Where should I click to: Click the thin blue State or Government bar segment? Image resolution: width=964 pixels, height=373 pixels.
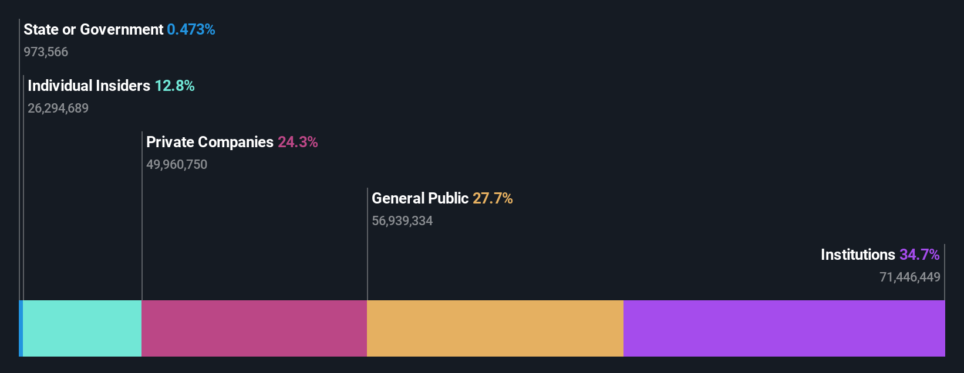click(x=21, y=328)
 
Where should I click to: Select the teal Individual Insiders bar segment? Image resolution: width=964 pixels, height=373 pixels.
click(x=82, y=328)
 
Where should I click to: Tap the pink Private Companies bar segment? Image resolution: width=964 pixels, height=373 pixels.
click(x=254, y=328)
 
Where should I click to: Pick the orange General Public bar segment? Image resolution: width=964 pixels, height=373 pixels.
click(x=495, y=328)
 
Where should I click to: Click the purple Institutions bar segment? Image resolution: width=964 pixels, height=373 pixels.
click(x=784, y=328)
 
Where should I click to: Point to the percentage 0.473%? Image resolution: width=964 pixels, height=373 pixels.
click(x=191, y=29)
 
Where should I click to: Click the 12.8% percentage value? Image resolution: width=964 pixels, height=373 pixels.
click(x=174, y=86)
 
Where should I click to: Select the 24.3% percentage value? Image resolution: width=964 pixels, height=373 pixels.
click(x=298, y=142)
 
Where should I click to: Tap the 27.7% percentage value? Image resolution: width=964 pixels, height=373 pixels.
click(x=493, y=198)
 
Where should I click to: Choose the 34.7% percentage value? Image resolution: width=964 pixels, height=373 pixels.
click(x=919, y=255)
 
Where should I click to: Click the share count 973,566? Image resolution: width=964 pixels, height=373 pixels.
click(x=46, y=52)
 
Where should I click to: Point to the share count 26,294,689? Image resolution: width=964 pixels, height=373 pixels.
click(x=58, y=108)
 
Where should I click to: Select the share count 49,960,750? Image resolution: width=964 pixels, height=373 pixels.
click(x=177, y=165)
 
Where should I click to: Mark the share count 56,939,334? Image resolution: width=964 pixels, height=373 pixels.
click(x=402, y=221)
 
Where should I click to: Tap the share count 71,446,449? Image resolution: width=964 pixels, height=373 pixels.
click(x=909, y=277)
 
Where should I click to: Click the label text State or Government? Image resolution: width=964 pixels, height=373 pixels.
click(x=93, y=29)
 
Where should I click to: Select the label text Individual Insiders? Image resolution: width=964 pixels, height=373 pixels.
click(x=89, y=86)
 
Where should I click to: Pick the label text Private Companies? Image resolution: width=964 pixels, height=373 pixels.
click(x=210, y=142)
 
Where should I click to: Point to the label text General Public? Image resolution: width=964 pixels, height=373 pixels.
click(x=420, y=198)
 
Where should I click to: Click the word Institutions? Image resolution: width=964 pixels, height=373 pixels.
click(x=858, y=255)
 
